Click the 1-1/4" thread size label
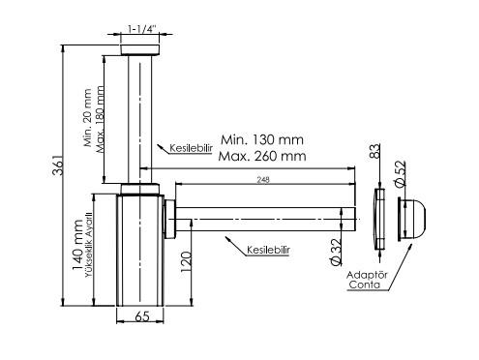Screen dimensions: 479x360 [142, 29]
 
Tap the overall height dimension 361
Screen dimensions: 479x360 [58, 165]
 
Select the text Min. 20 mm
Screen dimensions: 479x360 [88, 118]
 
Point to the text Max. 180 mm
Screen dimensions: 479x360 [101, 119]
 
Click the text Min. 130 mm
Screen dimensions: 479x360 [262, 140]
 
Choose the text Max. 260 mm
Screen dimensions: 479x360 [262, 156]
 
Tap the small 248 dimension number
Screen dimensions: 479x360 [263, 180]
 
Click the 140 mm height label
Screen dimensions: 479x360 [77, 245]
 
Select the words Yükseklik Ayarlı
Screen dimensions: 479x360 [88, 245]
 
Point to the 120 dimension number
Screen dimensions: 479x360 [186, 262]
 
